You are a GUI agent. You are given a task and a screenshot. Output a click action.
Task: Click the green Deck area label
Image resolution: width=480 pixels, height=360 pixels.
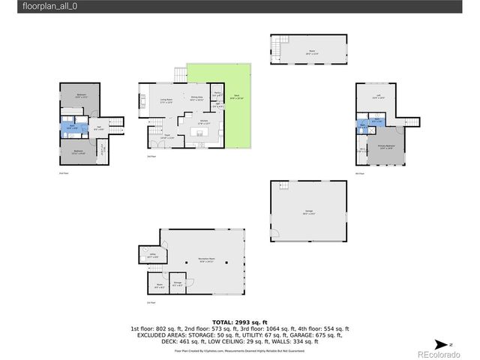tap(235, 97)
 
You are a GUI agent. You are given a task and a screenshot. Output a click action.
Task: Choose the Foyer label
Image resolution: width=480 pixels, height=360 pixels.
tap(168, 136)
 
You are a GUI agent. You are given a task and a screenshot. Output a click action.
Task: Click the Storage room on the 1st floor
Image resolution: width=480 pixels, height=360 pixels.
tap(177, 283)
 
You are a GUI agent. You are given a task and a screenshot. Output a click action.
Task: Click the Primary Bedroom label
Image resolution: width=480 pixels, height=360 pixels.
tap(387, 147)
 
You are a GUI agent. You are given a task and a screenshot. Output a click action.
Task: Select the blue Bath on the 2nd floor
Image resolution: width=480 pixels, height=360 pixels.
tap(71, 127)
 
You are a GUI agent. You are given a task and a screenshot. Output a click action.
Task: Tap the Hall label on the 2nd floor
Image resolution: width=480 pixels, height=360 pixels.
tap(99, 128)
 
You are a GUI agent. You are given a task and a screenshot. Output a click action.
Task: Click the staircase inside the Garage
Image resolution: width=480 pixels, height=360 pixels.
tap(281, 186)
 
